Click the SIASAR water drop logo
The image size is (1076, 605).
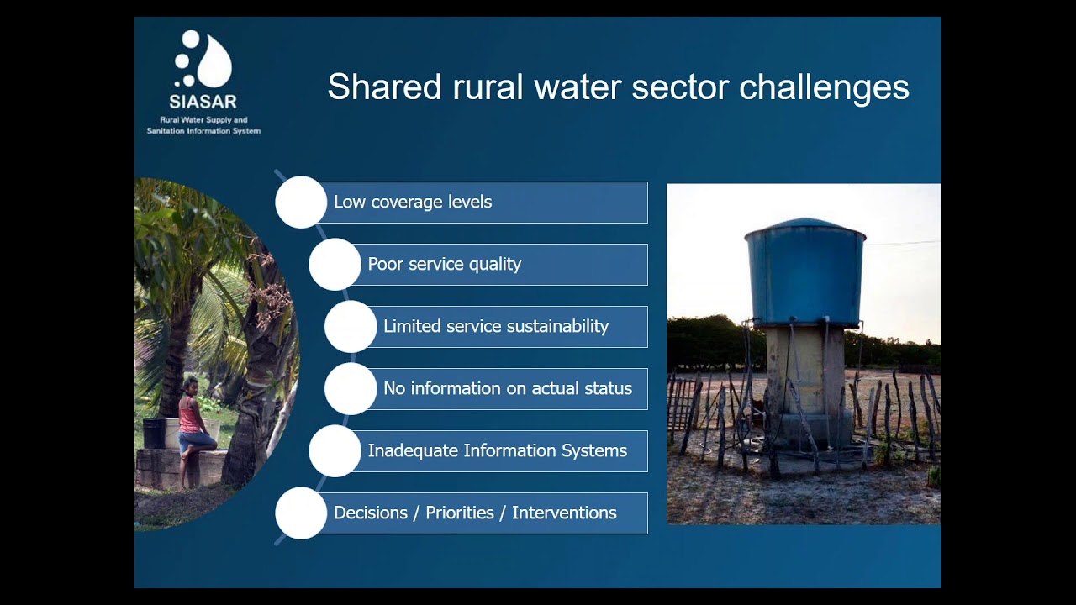[x=203, y=60]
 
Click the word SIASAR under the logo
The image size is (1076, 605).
[x=203, y=102]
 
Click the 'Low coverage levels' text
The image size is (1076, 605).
[x=413, y=203]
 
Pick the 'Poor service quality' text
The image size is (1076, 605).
[x=444, y=265]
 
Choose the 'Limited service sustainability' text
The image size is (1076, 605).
[x=495, y=327]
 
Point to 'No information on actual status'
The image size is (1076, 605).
[x=507, y=389]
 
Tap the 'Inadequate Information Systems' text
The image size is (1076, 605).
[x=497, y=451]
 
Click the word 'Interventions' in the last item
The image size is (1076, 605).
[x=564, y=513]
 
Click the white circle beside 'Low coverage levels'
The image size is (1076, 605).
[x=300, y=203]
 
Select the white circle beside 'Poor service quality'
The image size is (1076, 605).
[x=335, y=265]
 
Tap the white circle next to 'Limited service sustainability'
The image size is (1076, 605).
[x=351, y=327]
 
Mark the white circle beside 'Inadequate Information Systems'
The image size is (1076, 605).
[x=335, y=451]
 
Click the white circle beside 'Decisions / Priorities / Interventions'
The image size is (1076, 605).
[x=300, y=513]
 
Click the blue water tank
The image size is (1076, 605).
[x=804, y=273]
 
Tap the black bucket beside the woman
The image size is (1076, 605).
[x=154, y=434]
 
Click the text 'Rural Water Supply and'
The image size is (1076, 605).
[x=203, y=120]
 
